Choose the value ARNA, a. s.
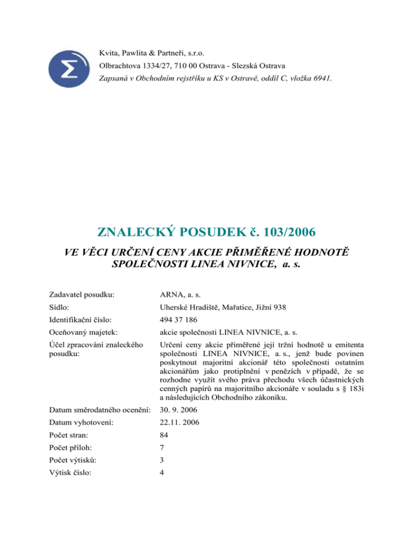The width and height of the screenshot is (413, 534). (179, 294)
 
